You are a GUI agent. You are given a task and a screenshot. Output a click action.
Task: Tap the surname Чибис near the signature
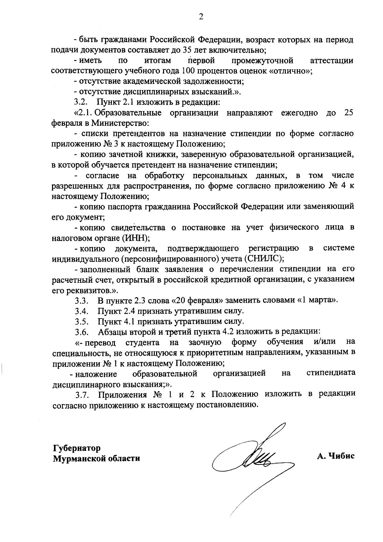coord(342,456)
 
